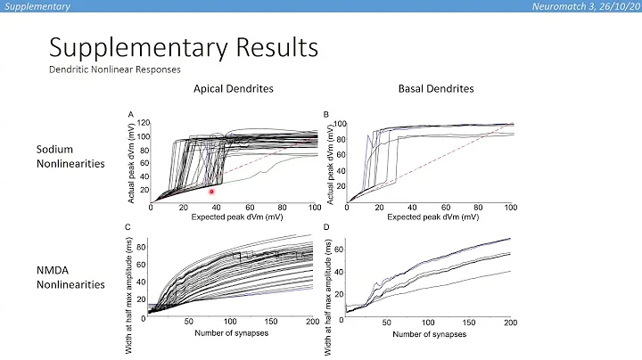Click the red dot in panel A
click(211, 191)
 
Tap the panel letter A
click(131, 114)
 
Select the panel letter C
click(131, 228)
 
